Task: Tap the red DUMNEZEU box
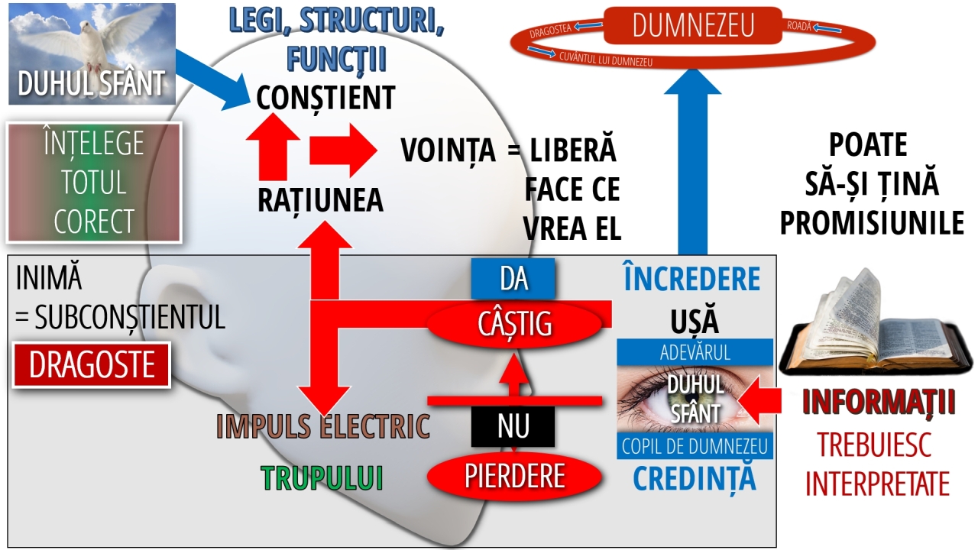692,26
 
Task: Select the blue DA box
513,279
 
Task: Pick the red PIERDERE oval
513,476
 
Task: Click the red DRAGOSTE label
92,365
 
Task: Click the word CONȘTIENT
325,98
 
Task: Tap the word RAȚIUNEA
320,200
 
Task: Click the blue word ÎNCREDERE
692,280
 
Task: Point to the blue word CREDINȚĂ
694,478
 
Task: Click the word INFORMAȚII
879,403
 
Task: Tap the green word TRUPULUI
322,477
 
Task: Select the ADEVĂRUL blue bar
694,353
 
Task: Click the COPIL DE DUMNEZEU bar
694,446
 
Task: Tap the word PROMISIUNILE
871,223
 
